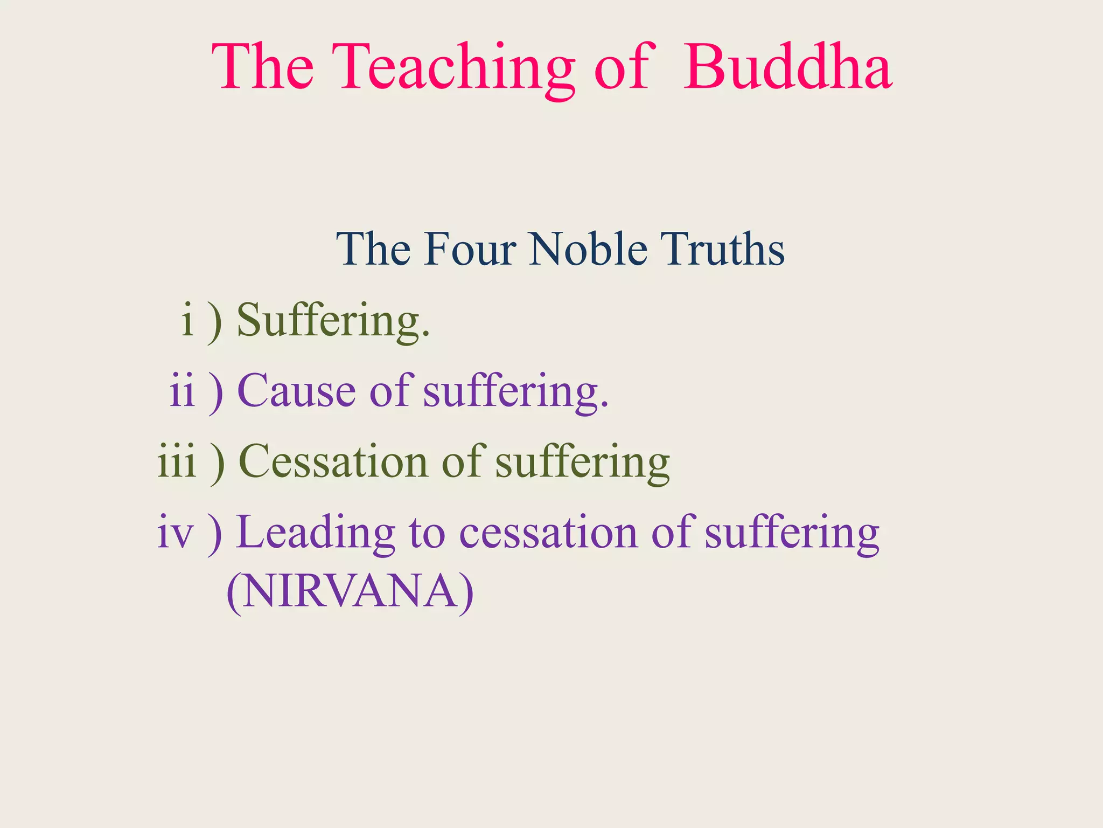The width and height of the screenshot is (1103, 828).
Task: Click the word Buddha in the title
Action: click(x=787, y=67)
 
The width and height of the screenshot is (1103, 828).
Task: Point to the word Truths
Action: click(x=723, y=249)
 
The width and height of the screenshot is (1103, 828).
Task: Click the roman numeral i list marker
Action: click(x=187, y=320)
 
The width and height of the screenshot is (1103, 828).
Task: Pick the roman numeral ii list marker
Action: click(x=182, y=391)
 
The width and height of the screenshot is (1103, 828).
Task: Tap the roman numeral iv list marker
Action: click(x=175, y=533)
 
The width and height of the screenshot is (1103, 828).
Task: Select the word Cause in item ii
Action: click(x=296, y=391)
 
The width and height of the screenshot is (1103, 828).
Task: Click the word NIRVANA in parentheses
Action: click(x=350, y=592)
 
